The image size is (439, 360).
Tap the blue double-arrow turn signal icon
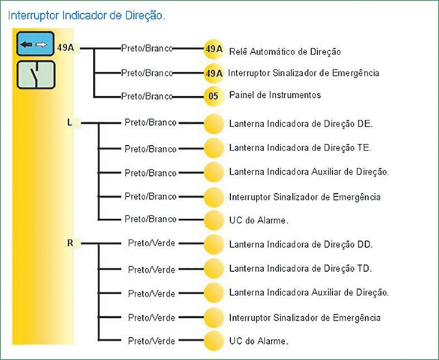(x=33, y=44)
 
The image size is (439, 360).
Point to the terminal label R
(x=70, y=243)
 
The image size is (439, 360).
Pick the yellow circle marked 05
(x=213, y=95)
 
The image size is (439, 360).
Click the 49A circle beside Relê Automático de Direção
(x=213, y=50)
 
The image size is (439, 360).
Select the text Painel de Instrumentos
(x=275, y=95)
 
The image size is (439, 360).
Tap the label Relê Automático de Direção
(x=284, y=52)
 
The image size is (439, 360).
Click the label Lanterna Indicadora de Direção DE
(x=301, y=124)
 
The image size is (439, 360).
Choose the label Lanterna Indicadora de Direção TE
(x=300, y=148)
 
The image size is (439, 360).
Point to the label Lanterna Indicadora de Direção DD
(x=301, y=244)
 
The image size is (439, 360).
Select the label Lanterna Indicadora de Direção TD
(x=300, y=268)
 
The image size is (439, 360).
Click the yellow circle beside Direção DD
(x=213, y=244)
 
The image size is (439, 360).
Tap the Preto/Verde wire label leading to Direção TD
(x=151, y=269)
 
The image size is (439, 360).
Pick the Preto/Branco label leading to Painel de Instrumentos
(x=147, y=96)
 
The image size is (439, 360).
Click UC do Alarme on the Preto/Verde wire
(x=259, y=340)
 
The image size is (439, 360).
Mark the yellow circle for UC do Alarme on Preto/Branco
(x=213, y=219)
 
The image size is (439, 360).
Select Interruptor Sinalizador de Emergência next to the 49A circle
(x=304, y=73)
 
